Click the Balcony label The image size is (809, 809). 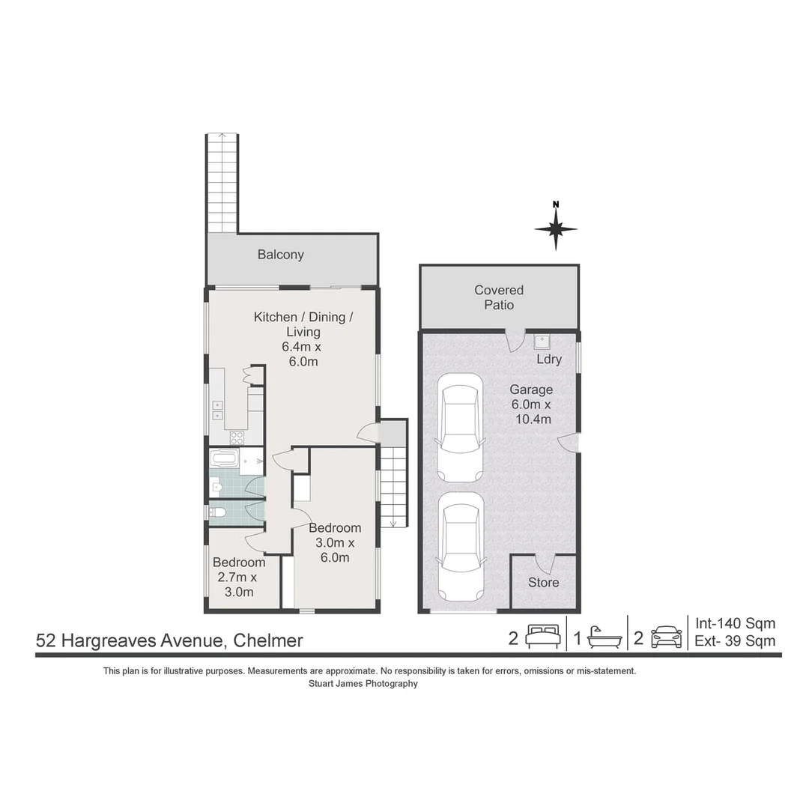click(280, 255)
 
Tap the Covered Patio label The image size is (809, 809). click(499, 297)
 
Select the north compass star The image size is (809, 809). click(556, 228)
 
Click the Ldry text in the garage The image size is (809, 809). click(549, 360)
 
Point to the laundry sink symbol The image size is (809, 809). click(542, 342)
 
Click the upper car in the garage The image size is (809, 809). click(459, 427)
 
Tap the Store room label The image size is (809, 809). click(544, 582)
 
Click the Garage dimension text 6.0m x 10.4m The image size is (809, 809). click(531, 411)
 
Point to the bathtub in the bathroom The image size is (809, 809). click(224, 458)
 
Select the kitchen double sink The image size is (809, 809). click(217, 409)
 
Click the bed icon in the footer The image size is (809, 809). click(542, 637)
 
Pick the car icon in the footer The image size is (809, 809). click(666, 637)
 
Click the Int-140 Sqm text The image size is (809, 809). click(735, 623)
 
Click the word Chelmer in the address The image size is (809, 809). click(268, 640)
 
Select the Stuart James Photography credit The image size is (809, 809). click(363, 683)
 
